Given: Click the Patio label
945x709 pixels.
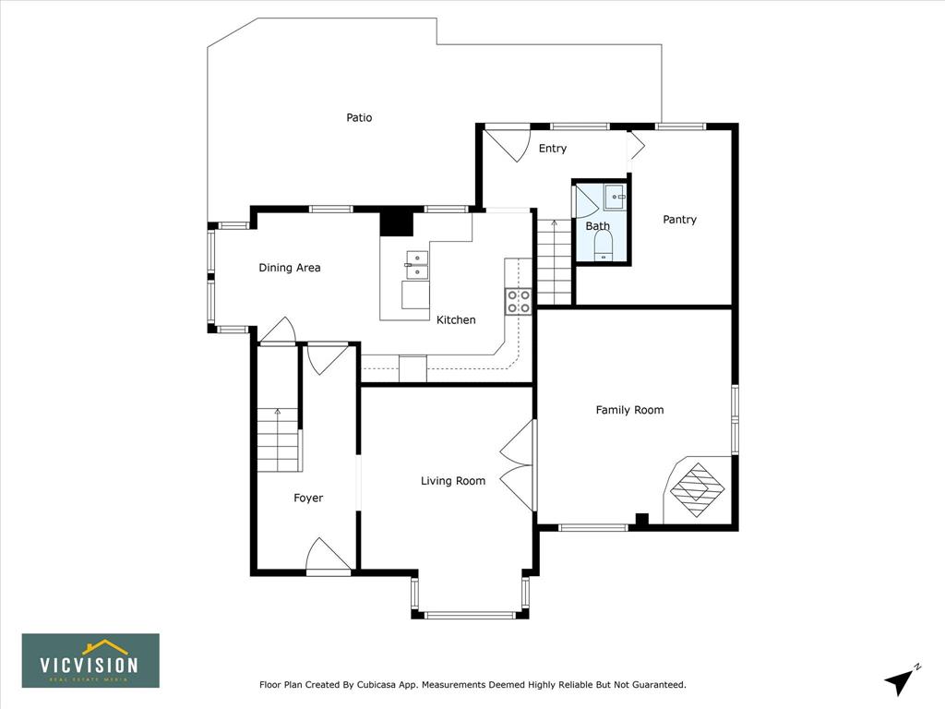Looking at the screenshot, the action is (x=359, y=117).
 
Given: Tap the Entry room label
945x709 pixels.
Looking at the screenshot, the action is (x=553, y=149).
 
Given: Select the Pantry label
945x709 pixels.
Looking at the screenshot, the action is (x=680, y=220).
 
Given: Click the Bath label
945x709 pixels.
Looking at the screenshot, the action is (x=598, y=226).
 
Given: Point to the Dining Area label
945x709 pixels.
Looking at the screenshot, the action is (x=289, y=268).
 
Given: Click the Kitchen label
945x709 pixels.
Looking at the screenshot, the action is (x=456, y=320).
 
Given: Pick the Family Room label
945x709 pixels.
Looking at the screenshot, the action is (x=629, y=410).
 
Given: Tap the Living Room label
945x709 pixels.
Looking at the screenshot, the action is (x=453, y=480).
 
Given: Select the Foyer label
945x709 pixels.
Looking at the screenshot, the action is (x=308, y=498).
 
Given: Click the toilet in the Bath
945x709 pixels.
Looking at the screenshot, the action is (x=604, y=246).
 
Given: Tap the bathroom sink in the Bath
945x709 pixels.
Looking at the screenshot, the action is (x=616, y=198).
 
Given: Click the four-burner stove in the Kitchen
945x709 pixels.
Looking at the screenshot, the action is (x=519, y=302).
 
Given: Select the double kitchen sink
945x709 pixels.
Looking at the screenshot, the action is (x=417, y=266).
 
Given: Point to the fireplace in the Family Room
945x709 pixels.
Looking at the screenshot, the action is (x=698, y=489).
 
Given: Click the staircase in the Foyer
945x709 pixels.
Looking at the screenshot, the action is (x=279, y=440).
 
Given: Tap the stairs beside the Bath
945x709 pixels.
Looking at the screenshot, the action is (x=555, y=262).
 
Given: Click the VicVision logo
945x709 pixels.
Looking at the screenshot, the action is (x=91, y=661).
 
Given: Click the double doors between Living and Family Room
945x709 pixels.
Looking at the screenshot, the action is (x=518, y=465).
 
